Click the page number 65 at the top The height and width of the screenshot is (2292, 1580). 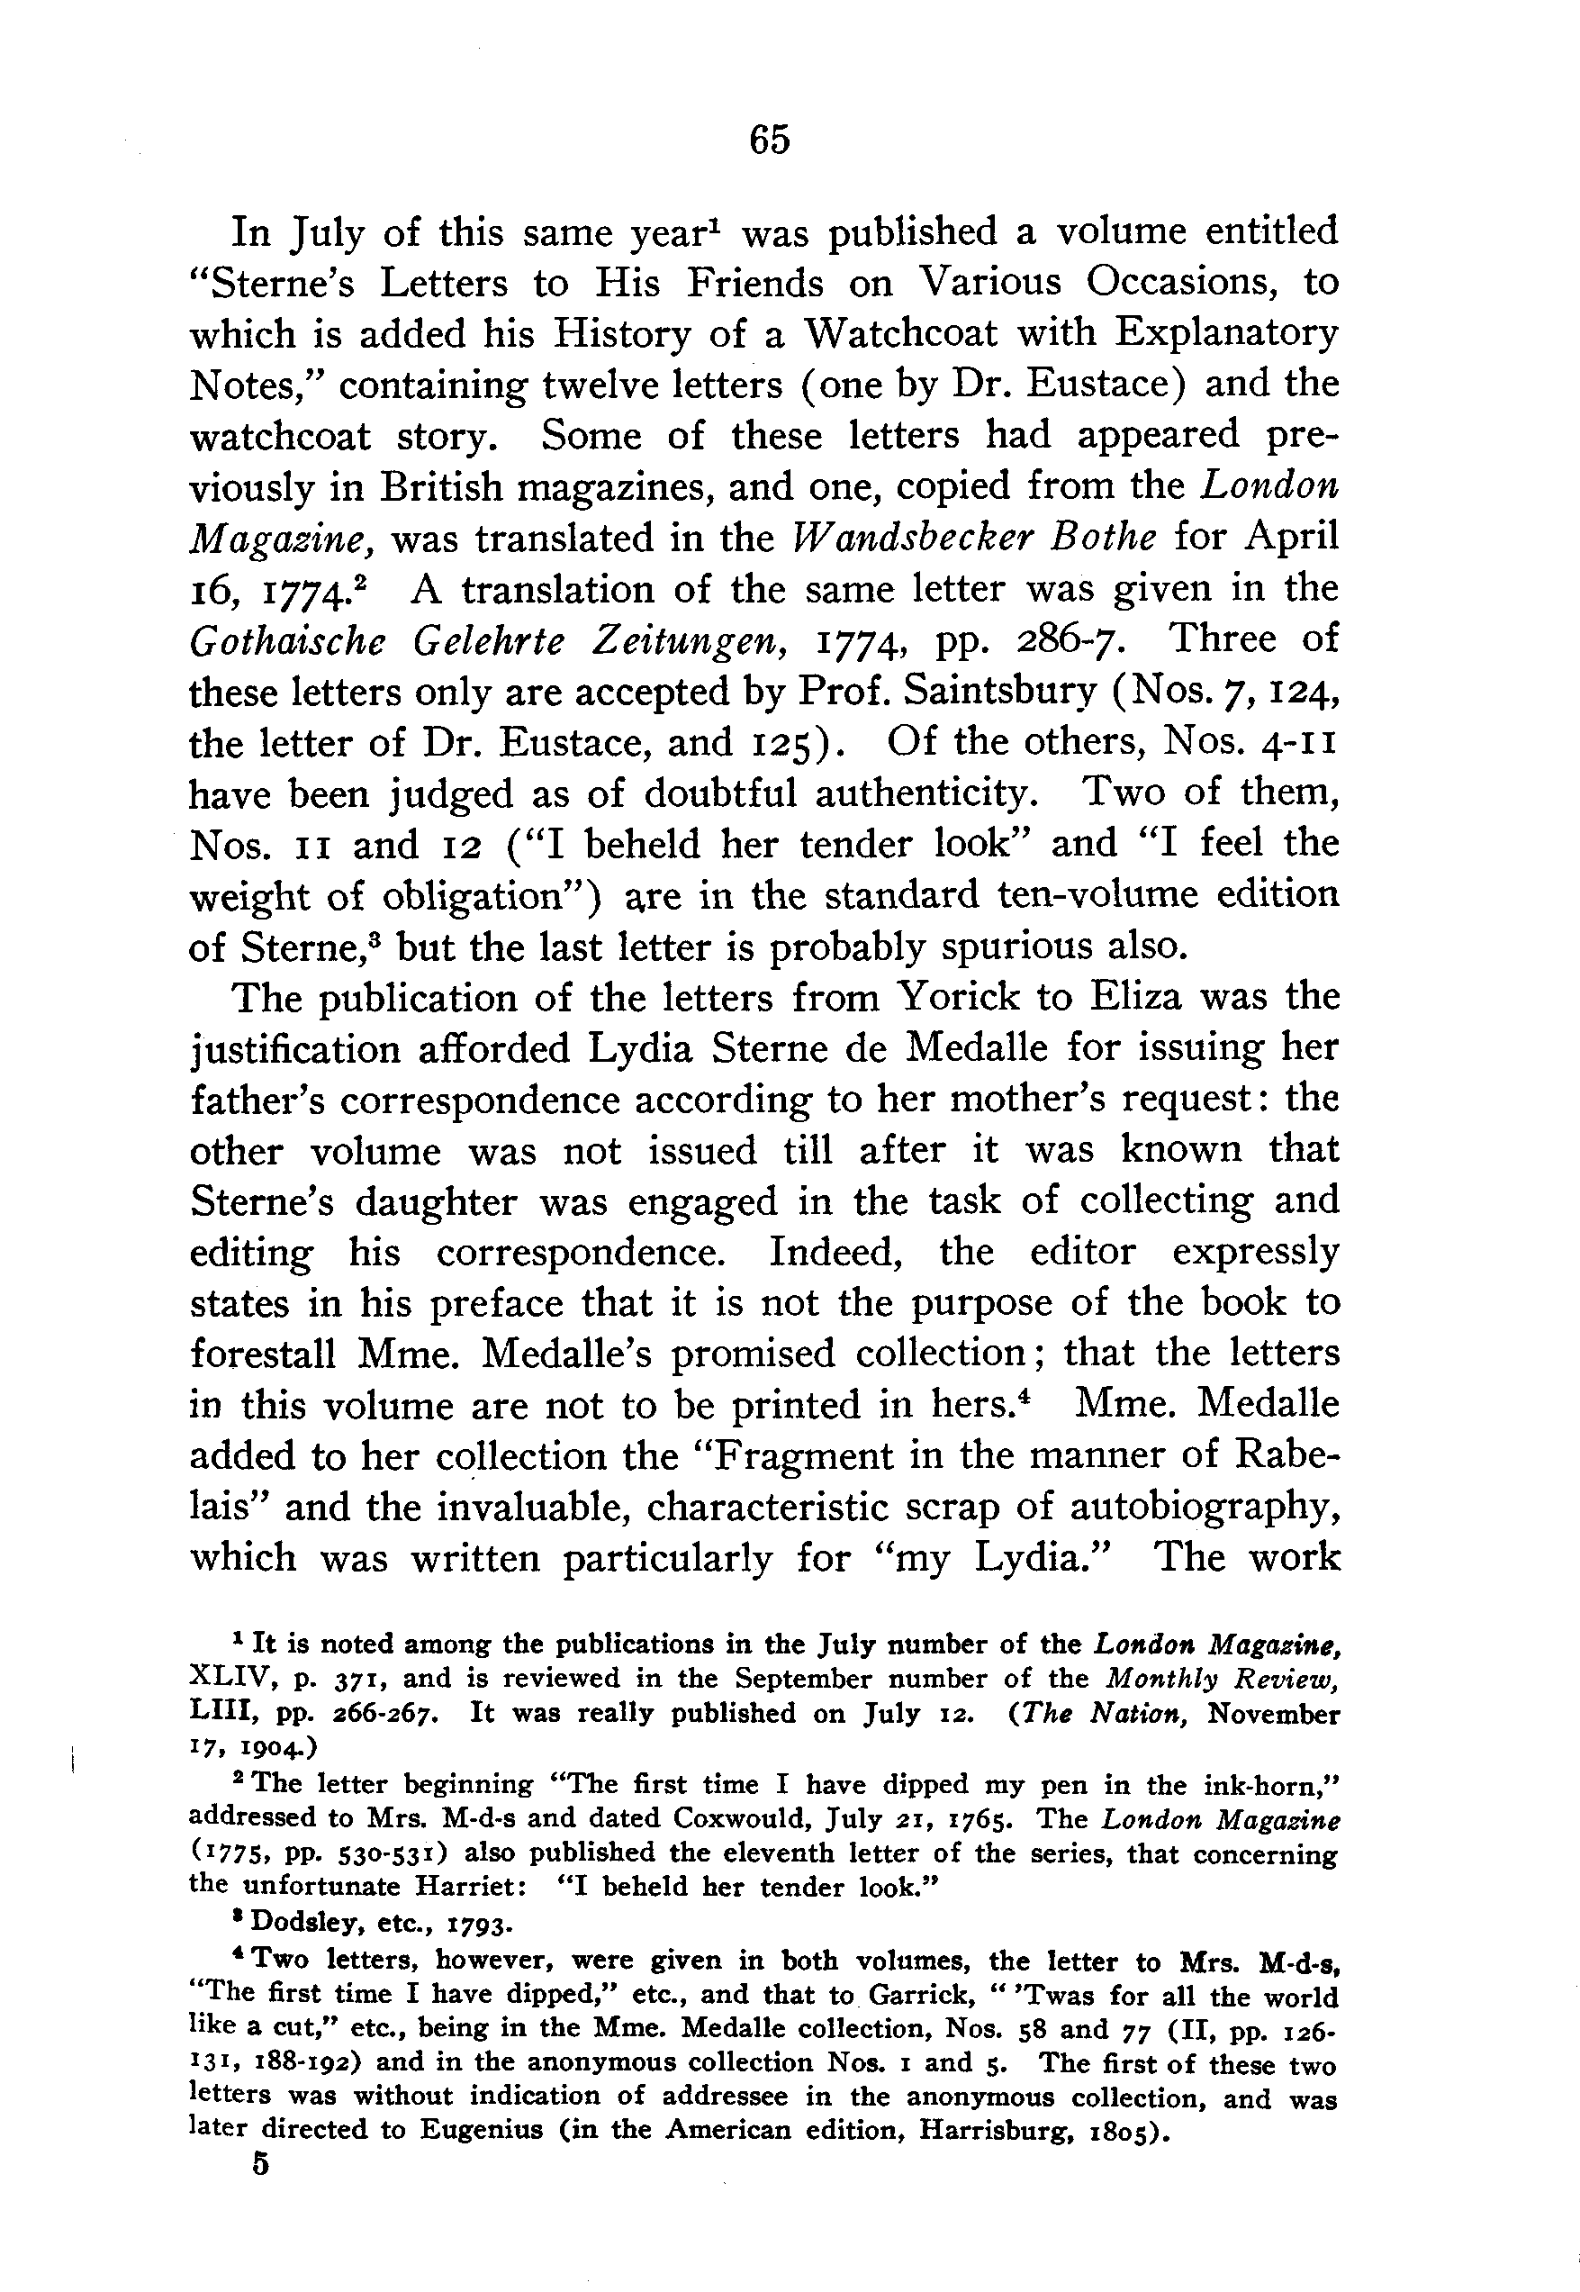pos(769,140)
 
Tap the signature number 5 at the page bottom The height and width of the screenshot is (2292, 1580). pos(260,2163)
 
